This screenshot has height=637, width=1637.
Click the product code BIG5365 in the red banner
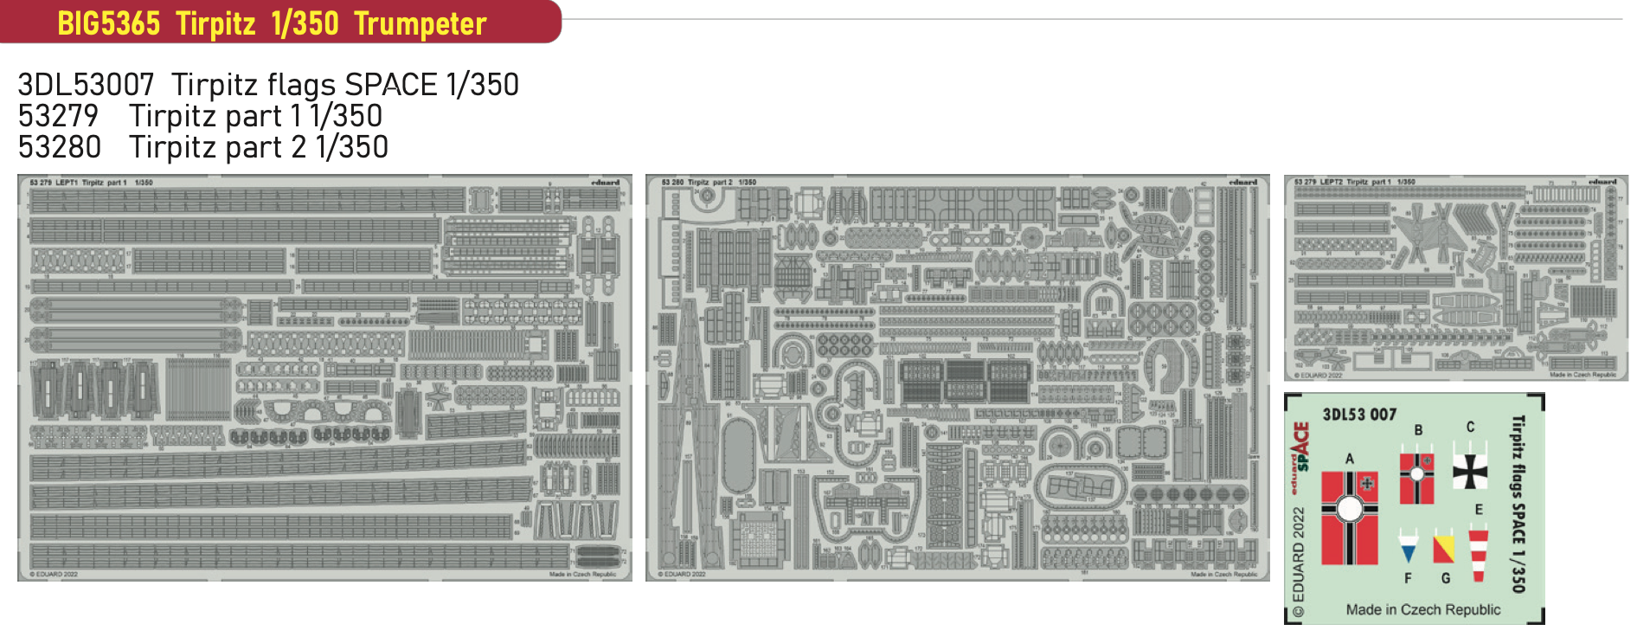[x=108, y=23]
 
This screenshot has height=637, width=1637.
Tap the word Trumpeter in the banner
[x=420, y=23]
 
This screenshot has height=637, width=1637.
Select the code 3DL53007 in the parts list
[x=86, y=85]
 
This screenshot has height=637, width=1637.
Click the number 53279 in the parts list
[x=58, y=116]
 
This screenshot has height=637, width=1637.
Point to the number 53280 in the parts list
[x=59, y=147]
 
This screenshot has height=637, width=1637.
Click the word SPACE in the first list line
[x=390, y=85]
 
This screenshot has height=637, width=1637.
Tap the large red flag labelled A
[x=1349, y=518]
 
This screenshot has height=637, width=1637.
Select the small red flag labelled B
[x=1416, y=478]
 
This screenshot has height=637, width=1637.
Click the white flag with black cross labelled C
[x=1469, y=471]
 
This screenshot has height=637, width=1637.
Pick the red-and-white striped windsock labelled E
[x=1478, y=553]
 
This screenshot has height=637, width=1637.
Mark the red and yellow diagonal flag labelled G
[x=1443, y=548]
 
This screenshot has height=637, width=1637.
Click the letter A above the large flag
[x=1349, y=459]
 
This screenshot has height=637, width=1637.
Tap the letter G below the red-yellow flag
[x=1445, y=577]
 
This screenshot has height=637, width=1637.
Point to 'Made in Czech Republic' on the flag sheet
[x=1422, y=609]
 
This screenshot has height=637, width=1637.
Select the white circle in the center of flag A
[x=1349, y=509]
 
